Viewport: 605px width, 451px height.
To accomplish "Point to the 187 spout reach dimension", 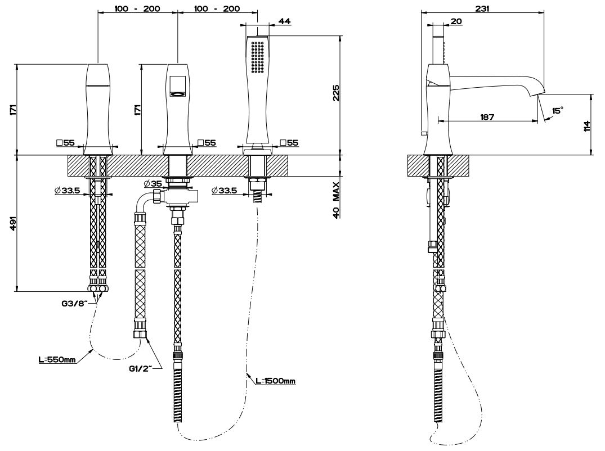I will (x=487, y=117).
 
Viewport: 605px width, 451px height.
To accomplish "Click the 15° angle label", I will (x=557, y=111).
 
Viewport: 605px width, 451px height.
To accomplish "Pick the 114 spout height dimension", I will (x=586, y=125).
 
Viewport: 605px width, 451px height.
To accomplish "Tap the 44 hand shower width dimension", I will (x=284, y=21).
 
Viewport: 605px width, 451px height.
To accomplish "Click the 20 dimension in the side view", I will (x=456, y=21).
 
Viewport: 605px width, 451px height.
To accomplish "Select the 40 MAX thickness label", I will (x=335, y=199).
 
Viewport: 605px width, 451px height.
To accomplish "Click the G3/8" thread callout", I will (x=74, y=304).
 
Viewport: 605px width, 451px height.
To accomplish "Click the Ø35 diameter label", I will (x=153, y=184).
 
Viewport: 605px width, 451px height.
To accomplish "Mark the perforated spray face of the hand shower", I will (x=258, y=57).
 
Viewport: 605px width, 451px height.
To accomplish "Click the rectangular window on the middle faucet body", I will (x=178, y=84).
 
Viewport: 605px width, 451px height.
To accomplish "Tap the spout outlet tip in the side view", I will (x=540, y=92).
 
